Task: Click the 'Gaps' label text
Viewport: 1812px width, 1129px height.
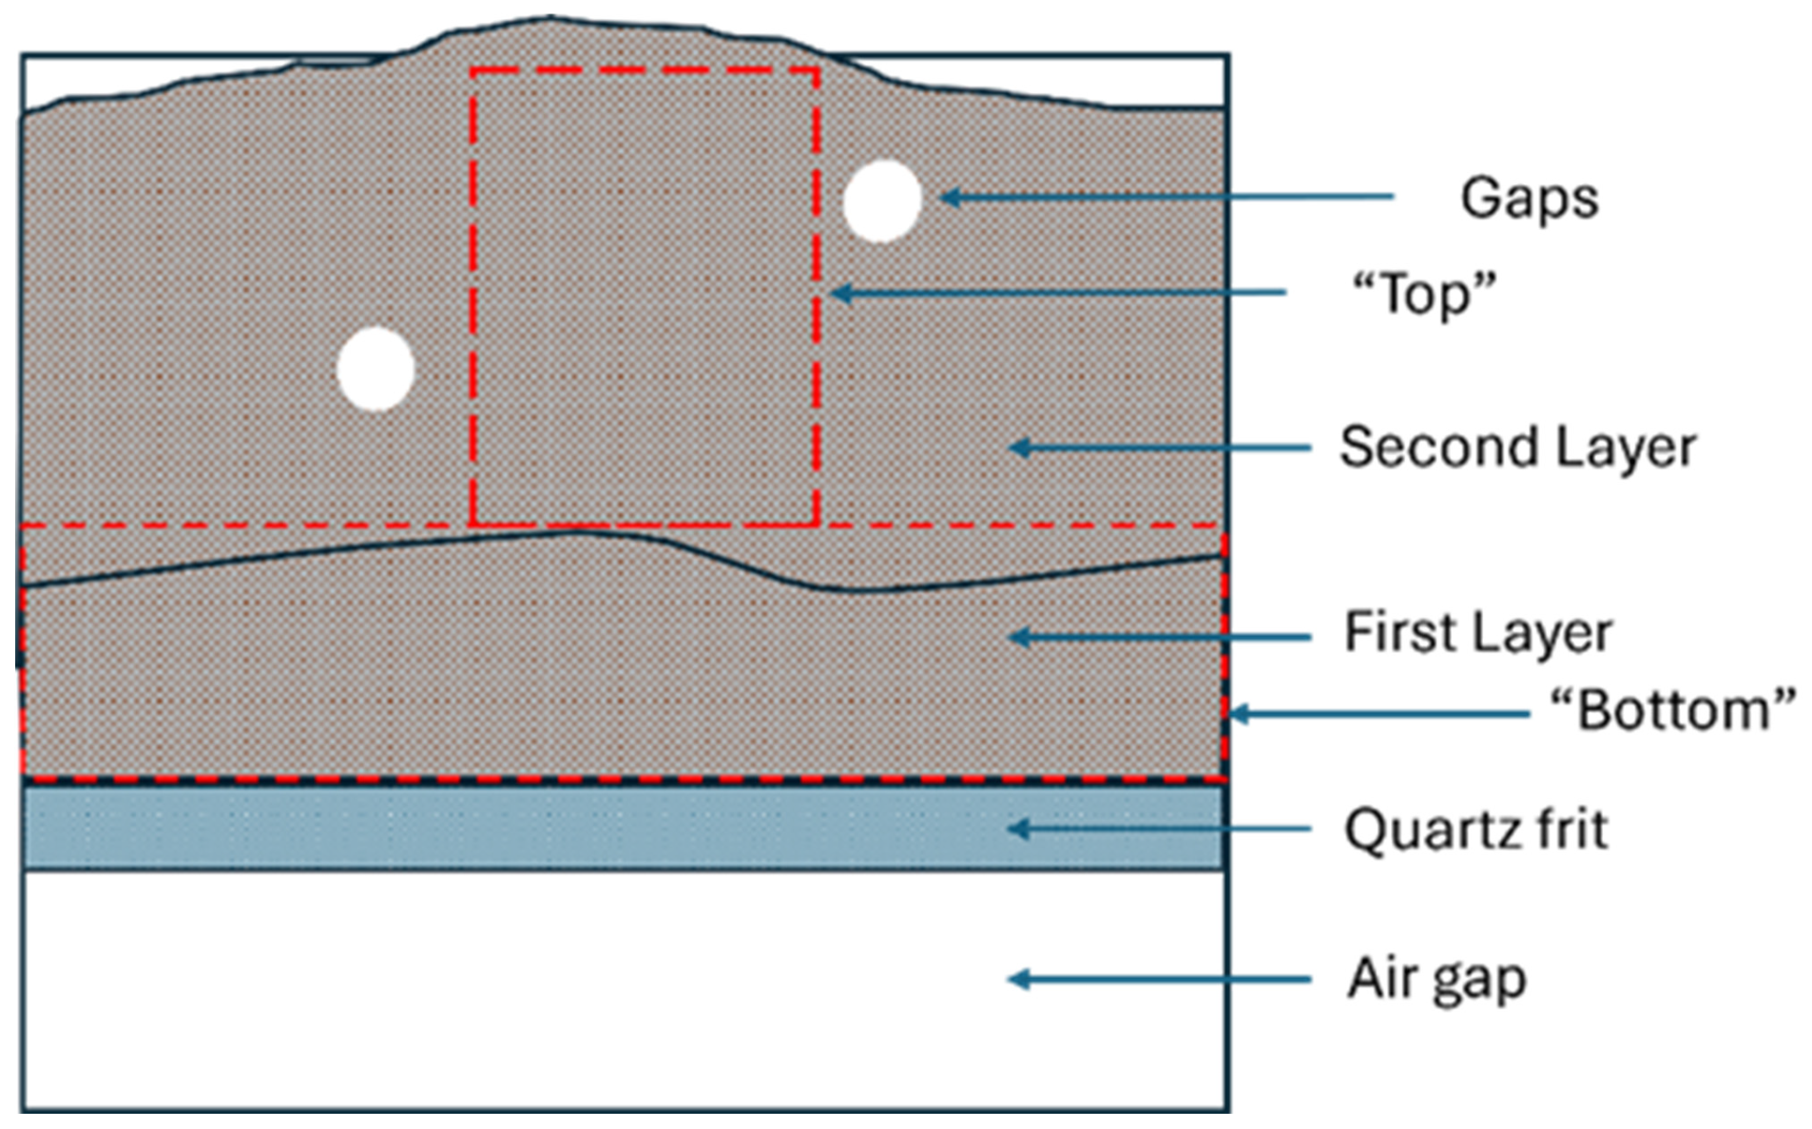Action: pos(1529,199)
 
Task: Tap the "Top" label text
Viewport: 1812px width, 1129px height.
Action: pos(1423,294)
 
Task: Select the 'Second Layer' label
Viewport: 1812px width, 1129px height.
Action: pos(1517,448)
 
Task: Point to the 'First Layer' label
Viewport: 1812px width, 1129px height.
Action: pos(1477,633)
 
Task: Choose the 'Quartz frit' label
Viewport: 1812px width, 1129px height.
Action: pos(1475,830)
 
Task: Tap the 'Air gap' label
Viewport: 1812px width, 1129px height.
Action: pos(1436,979)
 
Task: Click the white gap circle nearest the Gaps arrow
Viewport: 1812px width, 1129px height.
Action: pos(882,201)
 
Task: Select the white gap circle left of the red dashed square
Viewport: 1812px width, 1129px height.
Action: pos(376,369)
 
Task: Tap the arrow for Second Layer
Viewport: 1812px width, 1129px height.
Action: pos(1159,448)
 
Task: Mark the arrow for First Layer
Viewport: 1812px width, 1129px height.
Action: pos(1159,637)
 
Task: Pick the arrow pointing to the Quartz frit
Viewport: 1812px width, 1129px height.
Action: pos(1159,830)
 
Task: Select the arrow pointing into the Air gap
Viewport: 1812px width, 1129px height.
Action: pos(1159,979)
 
